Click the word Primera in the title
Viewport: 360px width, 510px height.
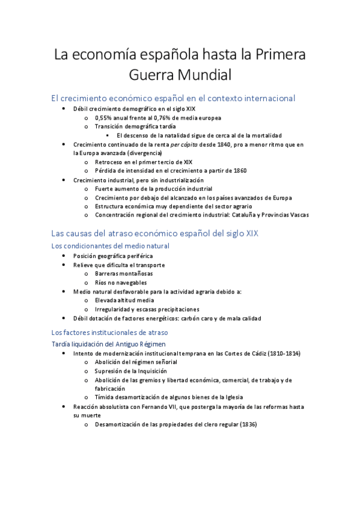pyautogui.click(x=281, y=55)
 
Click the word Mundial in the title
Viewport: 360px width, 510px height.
pyautogui.click(x=203, y=75)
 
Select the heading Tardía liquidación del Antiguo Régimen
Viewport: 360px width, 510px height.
pyautogui.click(x=109, y=343)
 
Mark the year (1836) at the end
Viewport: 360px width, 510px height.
pyautogui.click(x=248, y=425)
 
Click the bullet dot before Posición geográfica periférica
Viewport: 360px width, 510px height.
pyautogui.click(x=65, y=256)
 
